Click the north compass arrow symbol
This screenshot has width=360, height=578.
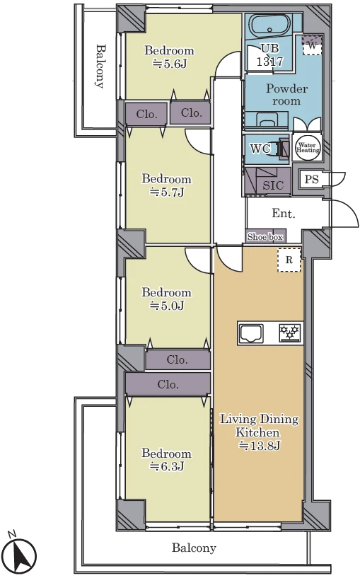(21, 553)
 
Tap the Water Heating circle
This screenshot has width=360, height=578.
(308, 147)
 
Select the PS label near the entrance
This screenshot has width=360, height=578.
(312, 179)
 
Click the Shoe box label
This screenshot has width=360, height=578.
(265, 237)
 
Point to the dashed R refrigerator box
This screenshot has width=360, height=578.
(289, 260)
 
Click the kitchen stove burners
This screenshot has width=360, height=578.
(290, 333)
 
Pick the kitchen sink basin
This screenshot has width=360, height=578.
(251, 333)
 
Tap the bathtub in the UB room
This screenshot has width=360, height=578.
(271, 24)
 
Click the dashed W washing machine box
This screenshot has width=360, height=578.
(312, 45)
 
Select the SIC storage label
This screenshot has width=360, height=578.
(273, 185)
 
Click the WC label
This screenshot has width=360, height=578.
(260, 149)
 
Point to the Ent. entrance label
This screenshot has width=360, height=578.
(284, 213)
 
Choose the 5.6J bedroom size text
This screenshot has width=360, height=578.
(170, 64)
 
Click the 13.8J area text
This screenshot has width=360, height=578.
(260, 445)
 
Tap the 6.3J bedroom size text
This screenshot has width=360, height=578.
(166, 466)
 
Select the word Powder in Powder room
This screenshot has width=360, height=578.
(286, 88)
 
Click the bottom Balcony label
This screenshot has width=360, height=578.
(194, 548)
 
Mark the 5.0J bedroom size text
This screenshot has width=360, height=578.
(167, 305)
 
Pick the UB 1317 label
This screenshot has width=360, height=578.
(270, 54)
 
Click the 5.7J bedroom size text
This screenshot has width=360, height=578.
(166, 192)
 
